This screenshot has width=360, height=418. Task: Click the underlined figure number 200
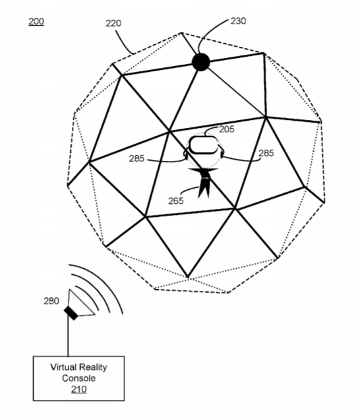pos(36,22)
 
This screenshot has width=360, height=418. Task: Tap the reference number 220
pos(113,24)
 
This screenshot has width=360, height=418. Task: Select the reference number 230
pos(238,21)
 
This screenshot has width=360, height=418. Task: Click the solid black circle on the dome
pos(201,62)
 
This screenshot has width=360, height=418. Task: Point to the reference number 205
pos(227,129)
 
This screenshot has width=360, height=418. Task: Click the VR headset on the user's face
pos(204,145)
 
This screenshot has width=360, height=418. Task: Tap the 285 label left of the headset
pos(136,159)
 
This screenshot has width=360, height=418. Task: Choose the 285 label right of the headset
pos(266,153)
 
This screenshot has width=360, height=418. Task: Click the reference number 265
pos(176,200)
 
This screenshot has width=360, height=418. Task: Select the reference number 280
pos(51,301)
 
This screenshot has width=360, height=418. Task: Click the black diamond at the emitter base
pos(71,313)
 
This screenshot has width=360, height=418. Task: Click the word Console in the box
pos(78,378)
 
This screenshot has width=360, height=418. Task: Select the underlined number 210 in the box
pos(78,390)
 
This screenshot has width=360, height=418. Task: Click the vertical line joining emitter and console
pos(68,337)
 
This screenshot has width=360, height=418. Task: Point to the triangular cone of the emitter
pos(80,304)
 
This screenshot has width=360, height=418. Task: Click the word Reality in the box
pos(93,368)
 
